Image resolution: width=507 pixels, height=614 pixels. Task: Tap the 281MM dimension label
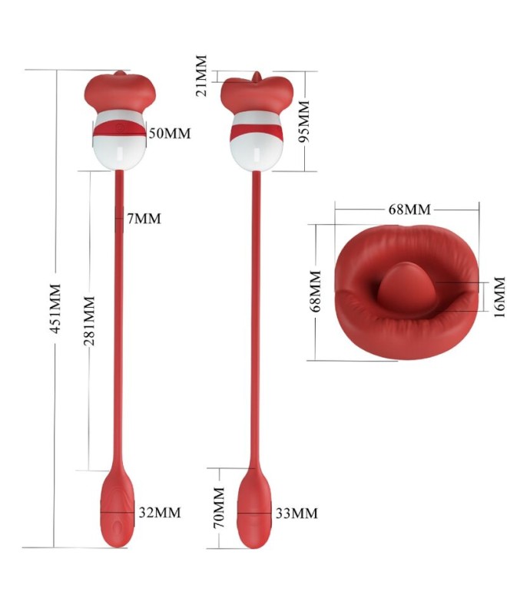click(90, 321)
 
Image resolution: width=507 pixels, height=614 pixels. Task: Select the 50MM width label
click(170, 134)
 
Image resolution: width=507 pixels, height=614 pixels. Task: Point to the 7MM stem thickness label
click(144, 219)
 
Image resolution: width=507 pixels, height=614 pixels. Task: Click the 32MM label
click(160, 512)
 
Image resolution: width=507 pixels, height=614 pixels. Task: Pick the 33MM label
click(297, 513)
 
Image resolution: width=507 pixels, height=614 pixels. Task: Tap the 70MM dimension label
click(219, 507)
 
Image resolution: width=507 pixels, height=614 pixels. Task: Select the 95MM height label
click(304, 121)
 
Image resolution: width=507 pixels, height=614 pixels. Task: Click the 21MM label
click(201, 76)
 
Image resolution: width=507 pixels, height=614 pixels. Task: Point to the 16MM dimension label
click(499, 297)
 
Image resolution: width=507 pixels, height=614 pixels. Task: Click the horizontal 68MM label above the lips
click(409, 210)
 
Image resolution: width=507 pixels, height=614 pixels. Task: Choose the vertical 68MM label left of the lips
click(316, 291)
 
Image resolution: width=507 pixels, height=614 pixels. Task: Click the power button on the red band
click(120, 127)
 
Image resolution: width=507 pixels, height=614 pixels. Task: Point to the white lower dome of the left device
click(120, 153)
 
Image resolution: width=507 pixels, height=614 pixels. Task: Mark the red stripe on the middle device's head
click(257, 131)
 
